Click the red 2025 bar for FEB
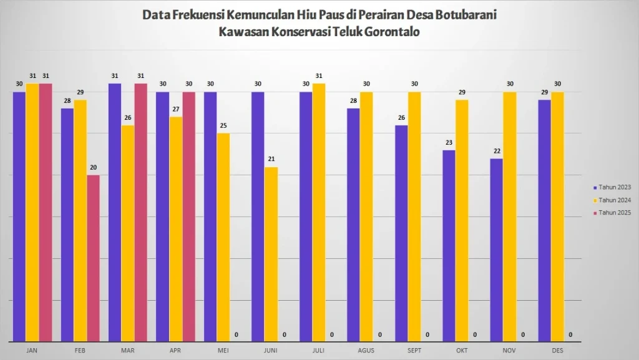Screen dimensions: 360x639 tap(93, 258)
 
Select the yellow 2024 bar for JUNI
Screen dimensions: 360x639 tap(271, 254)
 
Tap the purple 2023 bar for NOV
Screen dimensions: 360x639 tap(496, 250)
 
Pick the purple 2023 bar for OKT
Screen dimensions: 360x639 tap(449, 245)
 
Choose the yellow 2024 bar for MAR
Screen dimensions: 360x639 tap(127, 233)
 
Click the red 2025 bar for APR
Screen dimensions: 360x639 tap(188, 216)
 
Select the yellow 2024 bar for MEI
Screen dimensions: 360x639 tap(223, 237)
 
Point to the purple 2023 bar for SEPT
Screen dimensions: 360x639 tap(401, 233)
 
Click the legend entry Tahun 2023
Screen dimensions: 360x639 tap(614, 187)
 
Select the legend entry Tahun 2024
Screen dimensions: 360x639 tap(614, 200)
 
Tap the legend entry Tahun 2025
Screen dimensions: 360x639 tap(614, 213)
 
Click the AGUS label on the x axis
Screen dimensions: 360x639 tap(366, 351)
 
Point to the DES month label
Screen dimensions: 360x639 tap(557, 351)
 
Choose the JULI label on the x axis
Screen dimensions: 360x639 tap(318, 351)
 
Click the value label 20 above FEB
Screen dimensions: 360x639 tap(93, 168)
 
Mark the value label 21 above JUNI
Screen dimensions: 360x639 tap(271, 160)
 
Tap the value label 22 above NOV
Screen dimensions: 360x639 tap(496, 151)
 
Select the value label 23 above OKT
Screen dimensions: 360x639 tap(449, 143)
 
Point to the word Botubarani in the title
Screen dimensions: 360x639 tap(462, 14)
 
